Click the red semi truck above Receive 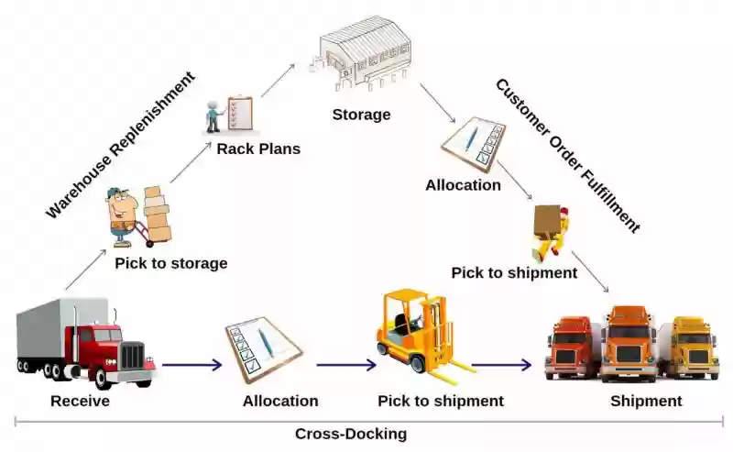point(85,343)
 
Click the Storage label point(361,115)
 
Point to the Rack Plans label point(258,149)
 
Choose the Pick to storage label point(171,263)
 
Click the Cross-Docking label point(351,434)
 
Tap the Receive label point(80,401)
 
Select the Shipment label point(646,401)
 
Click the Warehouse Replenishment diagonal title point(120,145)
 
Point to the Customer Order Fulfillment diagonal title point(568,156)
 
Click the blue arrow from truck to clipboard point(191,365)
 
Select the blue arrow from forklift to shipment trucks point(501,365)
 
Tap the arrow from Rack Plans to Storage point(278,81)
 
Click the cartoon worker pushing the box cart point(138,216)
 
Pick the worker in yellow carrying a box point(551,232)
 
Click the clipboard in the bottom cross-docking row point(263,348)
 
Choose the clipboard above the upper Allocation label point(474,144)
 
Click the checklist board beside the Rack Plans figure point(240,113)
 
